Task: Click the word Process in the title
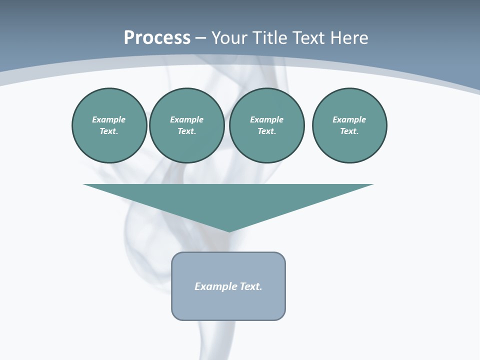(157, 38)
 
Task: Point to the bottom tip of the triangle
(229, 231)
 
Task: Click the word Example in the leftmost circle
(109, 119)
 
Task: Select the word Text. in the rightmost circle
(349, 131)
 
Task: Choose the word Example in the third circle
(266, 119)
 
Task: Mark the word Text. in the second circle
(186, 131)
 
